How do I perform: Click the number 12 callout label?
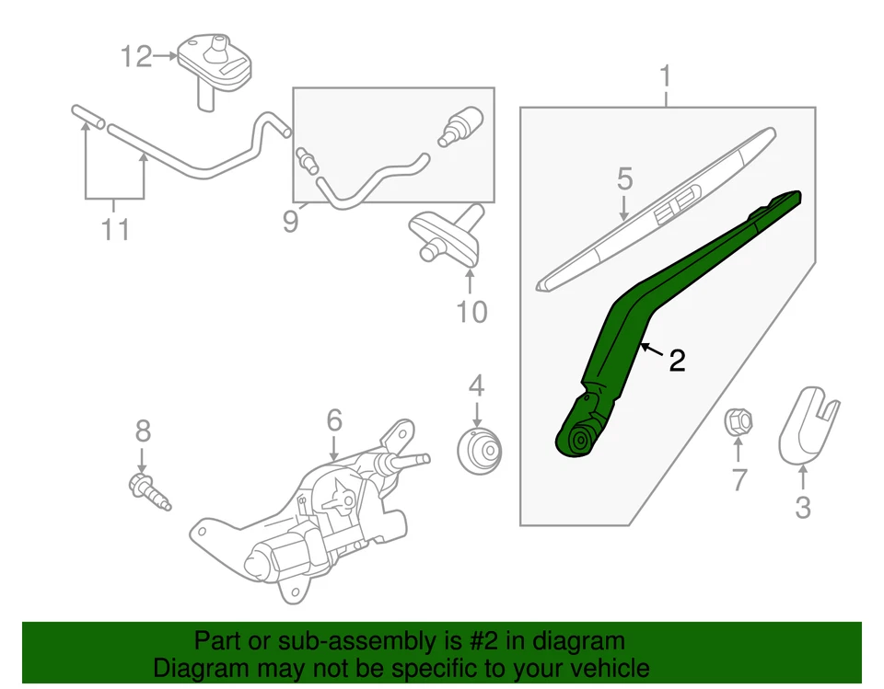point(136,57)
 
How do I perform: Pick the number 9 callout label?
point(290,222)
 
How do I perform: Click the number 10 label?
point(471,312)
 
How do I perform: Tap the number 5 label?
point(624,178)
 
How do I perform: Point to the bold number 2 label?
point(677,361)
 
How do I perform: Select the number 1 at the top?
point(666,75)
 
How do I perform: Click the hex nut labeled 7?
point(739,421)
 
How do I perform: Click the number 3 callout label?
point(803,506)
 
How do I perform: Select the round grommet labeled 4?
point(480,450)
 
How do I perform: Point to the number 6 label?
point(333,420)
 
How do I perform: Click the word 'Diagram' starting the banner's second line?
point(198,668)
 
